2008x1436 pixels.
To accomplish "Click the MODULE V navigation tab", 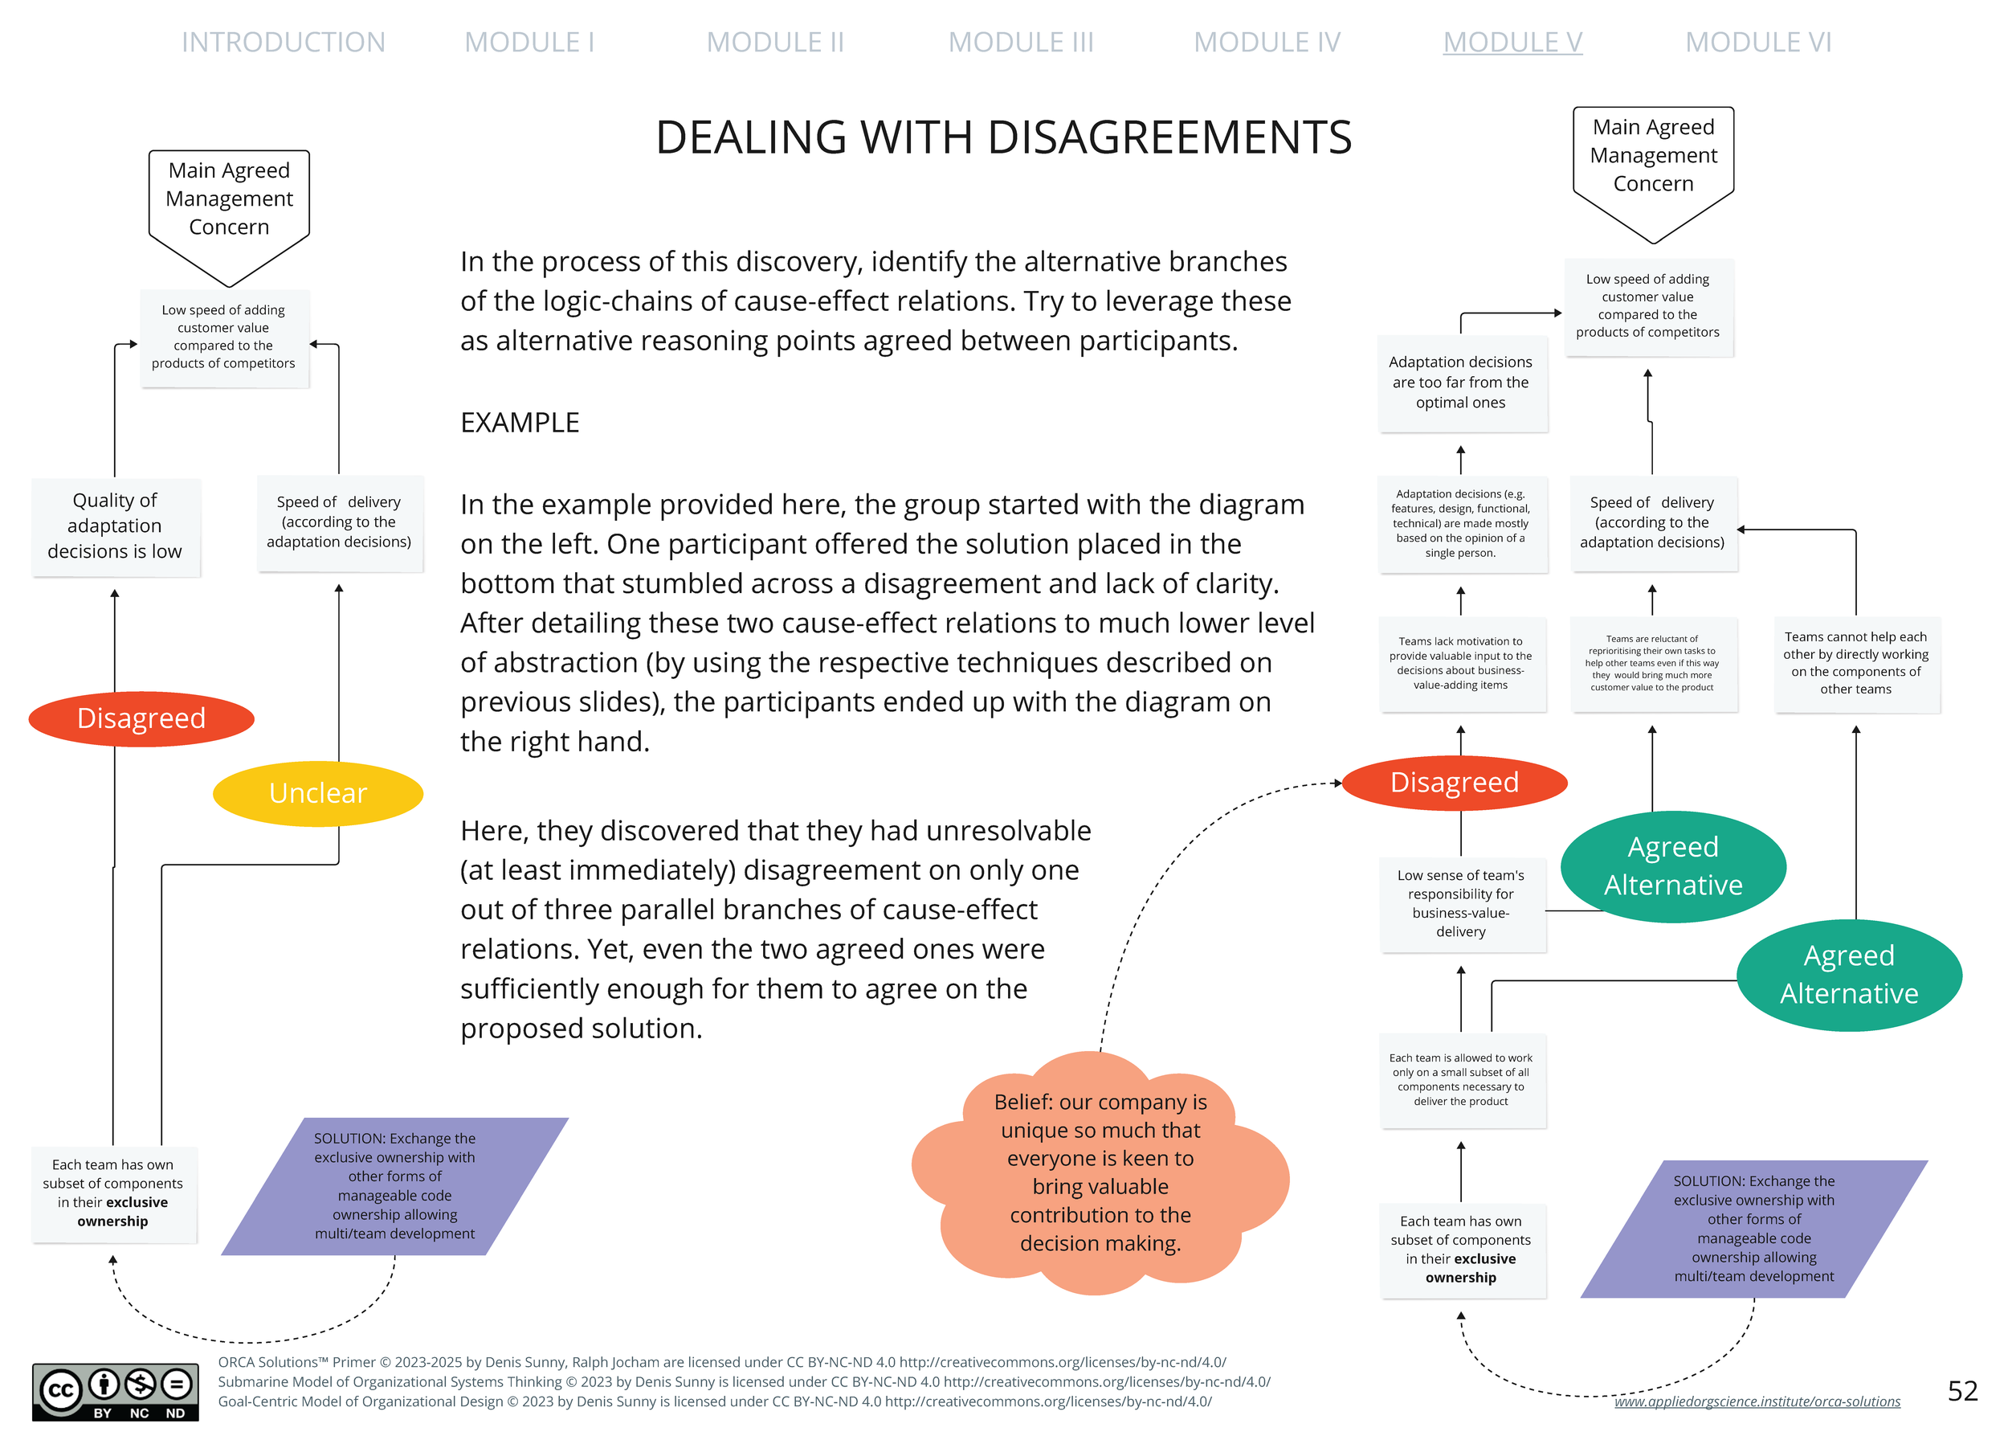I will (1512, 42).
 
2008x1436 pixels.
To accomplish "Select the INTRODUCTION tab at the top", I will (283, 42).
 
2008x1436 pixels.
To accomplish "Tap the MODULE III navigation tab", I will (1020, 42).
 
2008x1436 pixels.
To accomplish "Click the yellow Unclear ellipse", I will (317, 793).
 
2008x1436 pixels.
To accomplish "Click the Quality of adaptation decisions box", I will (115, 526).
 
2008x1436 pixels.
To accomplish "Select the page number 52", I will (1962, 1390).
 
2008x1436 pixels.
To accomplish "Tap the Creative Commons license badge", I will (115, 1391).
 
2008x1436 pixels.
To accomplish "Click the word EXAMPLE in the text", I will (520, 423).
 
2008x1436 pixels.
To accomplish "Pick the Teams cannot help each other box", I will (1855, 663).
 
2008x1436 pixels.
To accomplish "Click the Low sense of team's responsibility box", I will (1461, 902).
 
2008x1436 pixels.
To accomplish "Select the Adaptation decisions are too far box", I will (1461, 382).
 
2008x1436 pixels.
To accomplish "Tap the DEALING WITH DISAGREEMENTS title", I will (1003, 137).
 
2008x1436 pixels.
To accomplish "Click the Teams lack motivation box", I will (1461, 663).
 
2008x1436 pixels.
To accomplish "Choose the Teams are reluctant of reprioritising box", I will (1652, 663).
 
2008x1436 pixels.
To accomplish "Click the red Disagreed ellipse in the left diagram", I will (141, 718).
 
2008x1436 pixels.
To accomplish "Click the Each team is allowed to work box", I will (1461, 1080).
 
